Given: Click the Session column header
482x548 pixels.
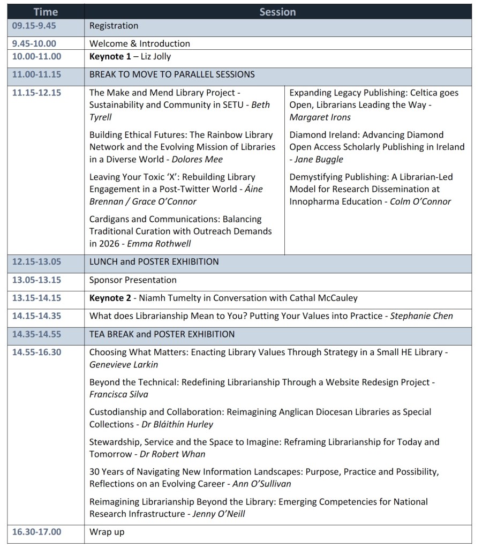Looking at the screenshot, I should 277,12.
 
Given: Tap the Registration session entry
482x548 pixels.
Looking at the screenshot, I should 114,26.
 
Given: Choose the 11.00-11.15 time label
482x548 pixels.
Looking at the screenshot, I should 36,74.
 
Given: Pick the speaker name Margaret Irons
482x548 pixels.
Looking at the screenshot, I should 320,117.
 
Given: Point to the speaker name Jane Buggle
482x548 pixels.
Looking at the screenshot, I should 323,159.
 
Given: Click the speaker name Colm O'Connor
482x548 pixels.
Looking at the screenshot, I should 420,201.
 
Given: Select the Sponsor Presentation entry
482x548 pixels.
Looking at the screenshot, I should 132,280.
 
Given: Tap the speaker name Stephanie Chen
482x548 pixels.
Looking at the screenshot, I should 421,316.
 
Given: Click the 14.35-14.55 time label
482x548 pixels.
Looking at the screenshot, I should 36,334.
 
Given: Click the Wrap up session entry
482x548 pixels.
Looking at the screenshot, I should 107,532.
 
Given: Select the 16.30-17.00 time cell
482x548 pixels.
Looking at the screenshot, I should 36,532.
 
